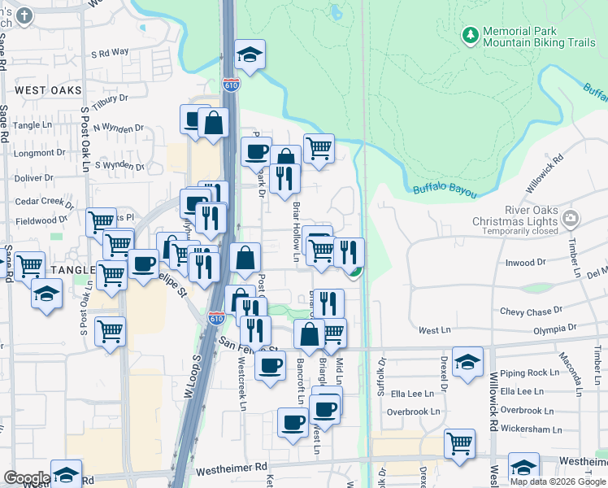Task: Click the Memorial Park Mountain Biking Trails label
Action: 539,36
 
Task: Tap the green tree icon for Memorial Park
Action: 470,35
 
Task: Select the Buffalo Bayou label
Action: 444,190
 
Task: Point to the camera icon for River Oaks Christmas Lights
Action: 571,218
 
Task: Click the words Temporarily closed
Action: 515,231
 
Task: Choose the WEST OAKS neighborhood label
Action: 48,89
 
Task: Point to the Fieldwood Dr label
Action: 41,220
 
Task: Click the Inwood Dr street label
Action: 525,263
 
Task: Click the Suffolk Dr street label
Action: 380,380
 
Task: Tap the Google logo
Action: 26,477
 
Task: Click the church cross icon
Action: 24,15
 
